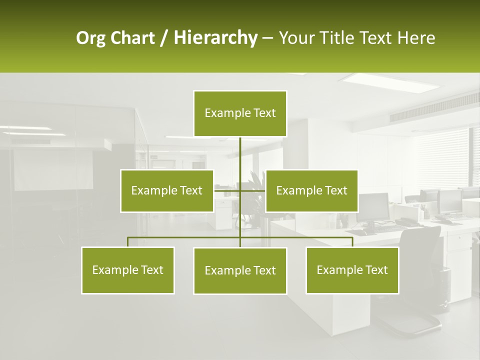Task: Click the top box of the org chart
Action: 240,113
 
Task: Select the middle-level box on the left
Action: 166,190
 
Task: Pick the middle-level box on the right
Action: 311,190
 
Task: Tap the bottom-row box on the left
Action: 127,270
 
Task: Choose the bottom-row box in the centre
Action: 240,270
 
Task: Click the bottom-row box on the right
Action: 352,270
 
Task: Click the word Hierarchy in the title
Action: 215,38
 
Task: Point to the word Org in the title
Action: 90,38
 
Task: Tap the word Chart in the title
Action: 132,38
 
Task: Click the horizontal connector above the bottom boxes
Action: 185,237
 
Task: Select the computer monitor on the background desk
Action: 374,206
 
